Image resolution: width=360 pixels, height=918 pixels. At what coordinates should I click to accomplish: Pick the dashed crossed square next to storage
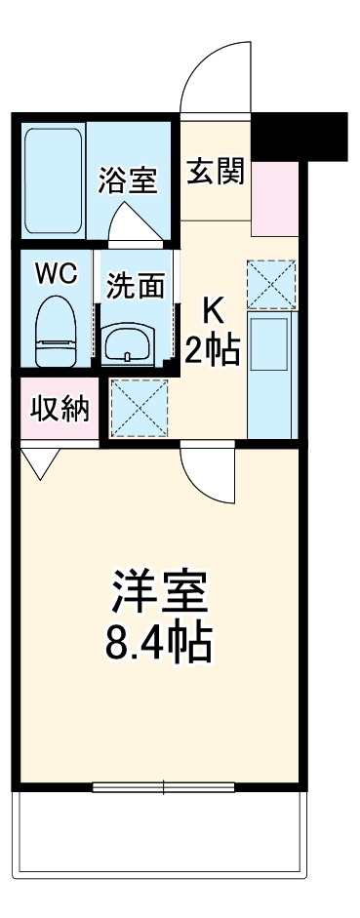(139, 406)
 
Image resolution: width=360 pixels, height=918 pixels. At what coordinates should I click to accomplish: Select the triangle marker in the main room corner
(39, 463)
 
